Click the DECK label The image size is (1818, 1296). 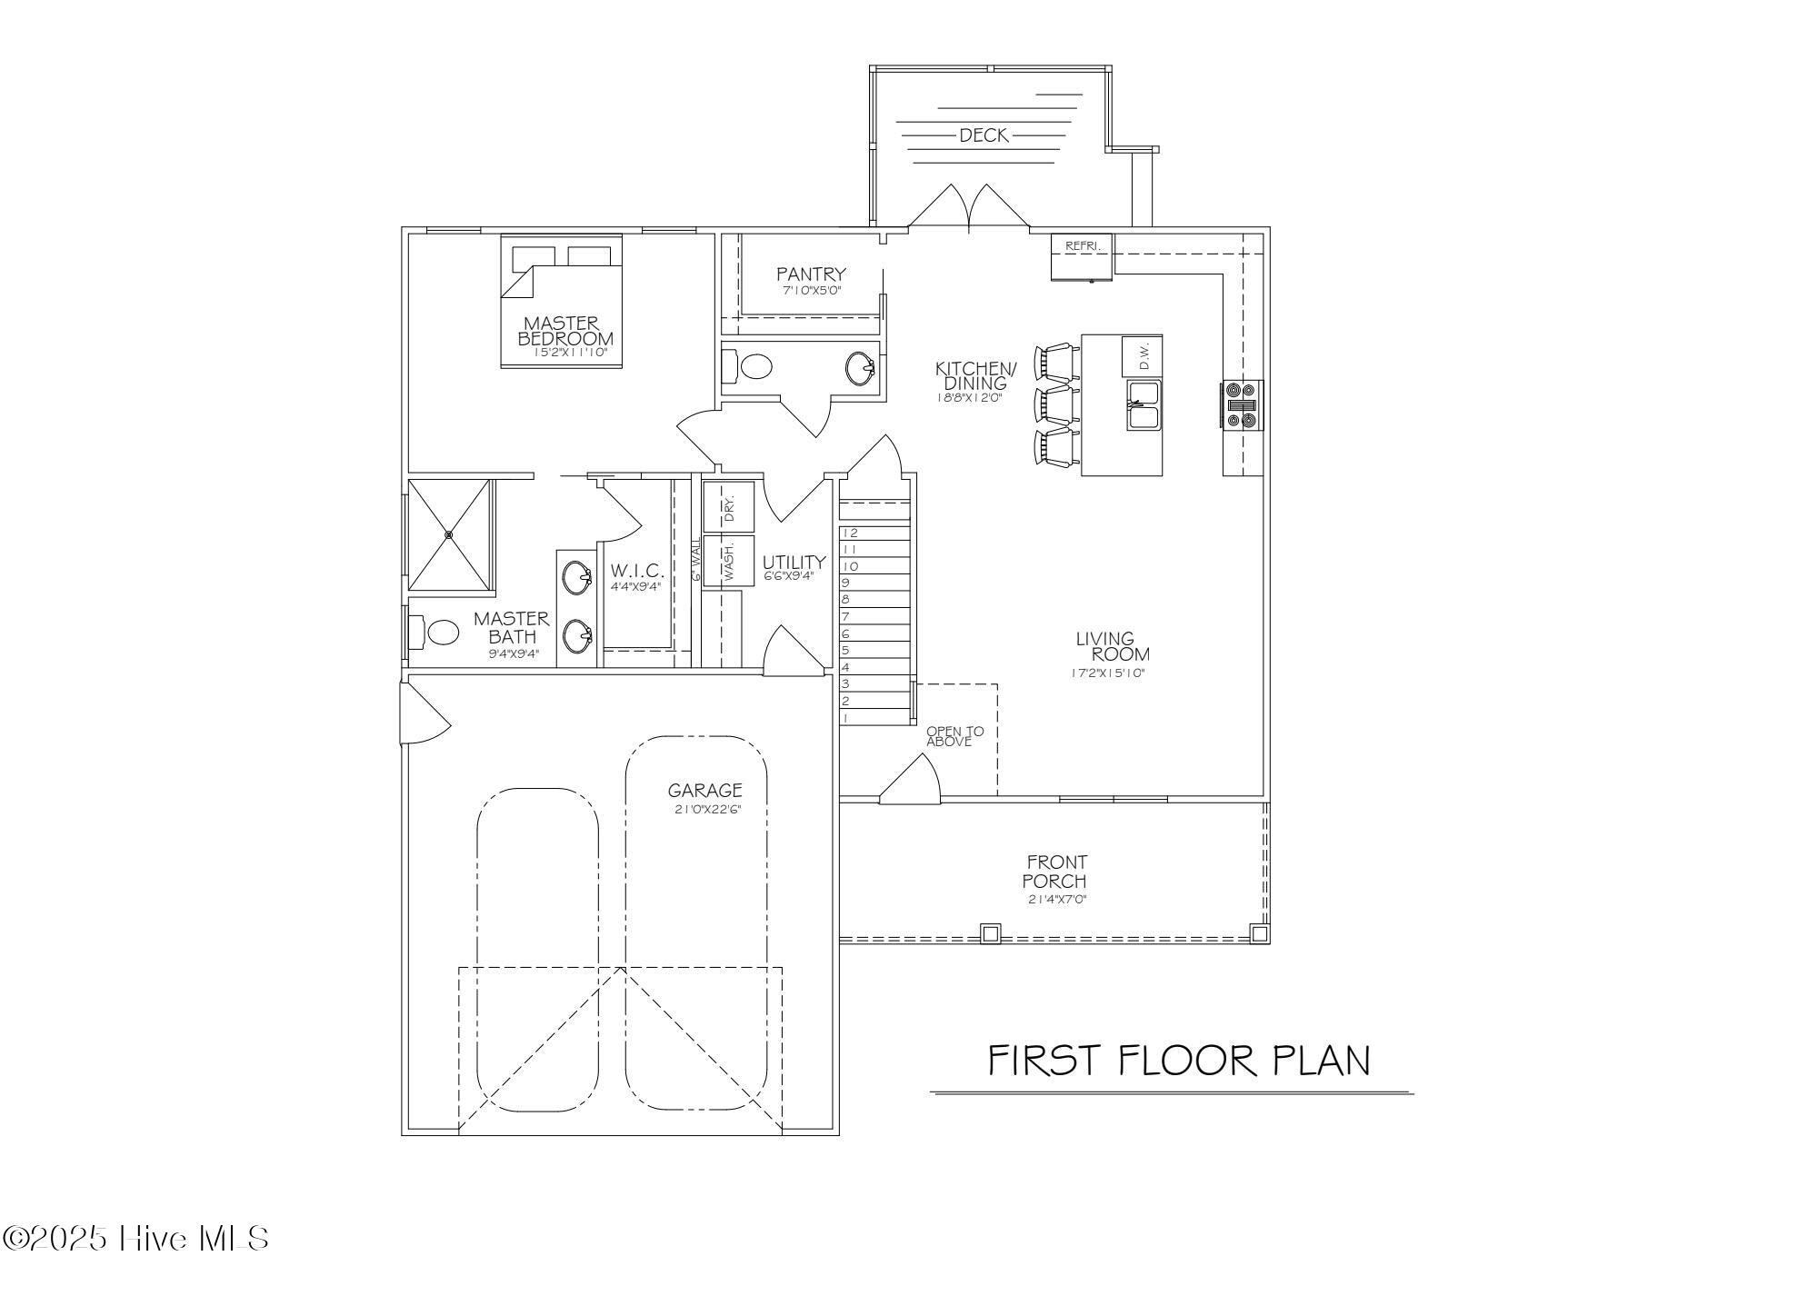984,135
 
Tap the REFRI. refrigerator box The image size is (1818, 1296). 1082,257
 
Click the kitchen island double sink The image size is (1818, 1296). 1144,405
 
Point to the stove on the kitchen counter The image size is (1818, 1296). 1243,404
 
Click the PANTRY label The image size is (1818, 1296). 811,274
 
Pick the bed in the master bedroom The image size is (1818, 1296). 562,302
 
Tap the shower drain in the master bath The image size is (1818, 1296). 449,535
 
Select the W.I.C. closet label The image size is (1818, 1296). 637,571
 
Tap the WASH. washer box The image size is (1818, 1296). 729,561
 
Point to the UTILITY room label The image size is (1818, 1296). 794,562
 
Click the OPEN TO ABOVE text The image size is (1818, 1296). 954,736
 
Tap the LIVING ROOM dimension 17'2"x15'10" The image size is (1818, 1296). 1107,673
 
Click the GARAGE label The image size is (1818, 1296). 705,791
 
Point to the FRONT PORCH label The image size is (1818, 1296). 1054,871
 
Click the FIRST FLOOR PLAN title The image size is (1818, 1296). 1179,1061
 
